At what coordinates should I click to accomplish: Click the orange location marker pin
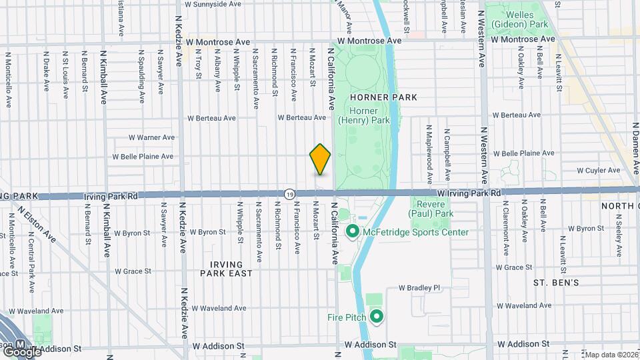click(x=320, y=159)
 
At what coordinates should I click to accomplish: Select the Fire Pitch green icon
click(x=377, y=317)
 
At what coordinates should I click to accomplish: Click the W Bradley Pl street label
click(x=420, y=288)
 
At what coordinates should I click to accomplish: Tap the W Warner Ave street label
click(x=152, y=138)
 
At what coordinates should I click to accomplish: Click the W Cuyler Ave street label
click(x=598, y=171)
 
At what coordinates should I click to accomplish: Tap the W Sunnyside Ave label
click(x=213, y=4)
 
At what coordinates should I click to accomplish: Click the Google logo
click(x=23, y=351)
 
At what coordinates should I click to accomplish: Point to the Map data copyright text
click(x=611, y=355)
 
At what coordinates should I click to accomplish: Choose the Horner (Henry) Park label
click(x=364, y=115)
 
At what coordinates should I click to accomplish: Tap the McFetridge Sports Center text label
click(x=416, y=232)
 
